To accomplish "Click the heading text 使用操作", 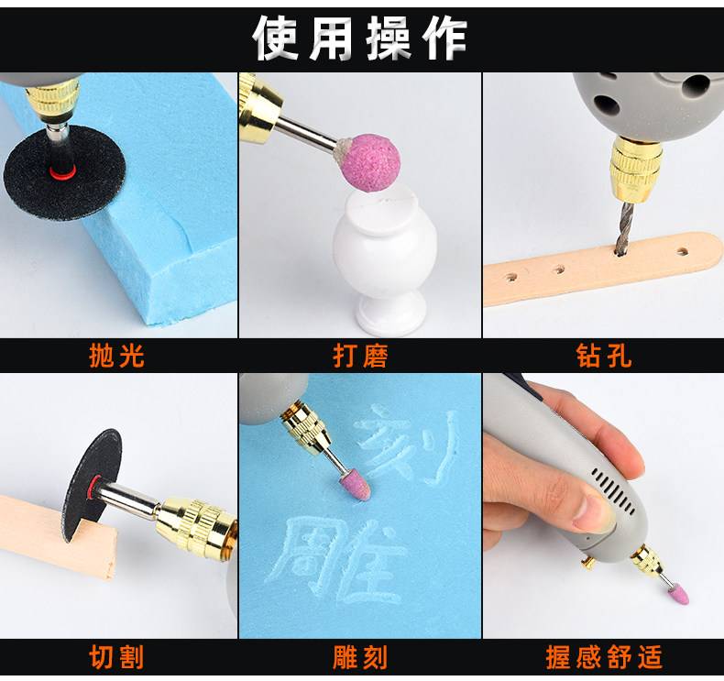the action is [359, 38].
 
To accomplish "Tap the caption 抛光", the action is [116, 356].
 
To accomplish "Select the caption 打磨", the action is [360, 356].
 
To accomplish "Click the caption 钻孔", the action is [604, 356].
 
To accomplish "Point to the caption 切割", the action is [116, 657].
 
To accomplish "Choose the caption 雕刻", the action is [360, 657].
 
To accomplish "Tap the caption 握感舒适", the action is [604, 657].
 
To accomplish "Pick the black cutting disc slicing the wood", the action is [93, 485].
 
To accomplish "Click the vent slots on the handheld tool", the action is [613, 491].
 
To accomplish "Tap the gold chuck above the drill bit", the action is [636, 165].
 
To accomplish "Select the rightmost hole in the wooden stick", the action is [683, 252].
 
